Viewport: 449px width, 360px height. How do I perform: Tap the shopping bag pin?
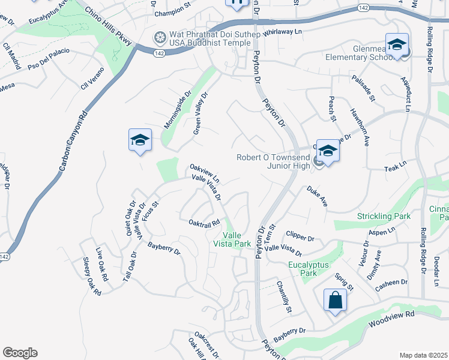335,301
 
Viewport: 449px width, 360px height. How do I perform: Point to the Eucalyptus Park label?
318,268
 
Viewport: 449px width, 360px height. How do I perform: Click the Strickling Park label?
383,215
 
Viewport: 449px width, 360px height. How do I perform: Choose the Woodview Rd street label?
393,314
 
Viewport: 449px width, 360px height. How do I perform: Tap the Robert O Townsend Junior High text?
273,161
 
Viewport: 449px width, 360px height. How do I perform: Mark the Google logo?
20,353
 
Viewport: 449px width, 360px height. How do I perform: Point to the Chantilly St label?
284,298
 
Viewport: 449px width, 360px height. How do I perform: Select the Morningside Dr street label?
178,110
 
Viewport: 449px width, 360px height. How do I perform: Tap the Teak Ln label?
396,167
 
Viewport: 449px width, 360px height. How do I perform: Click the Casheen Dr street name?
391,282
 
